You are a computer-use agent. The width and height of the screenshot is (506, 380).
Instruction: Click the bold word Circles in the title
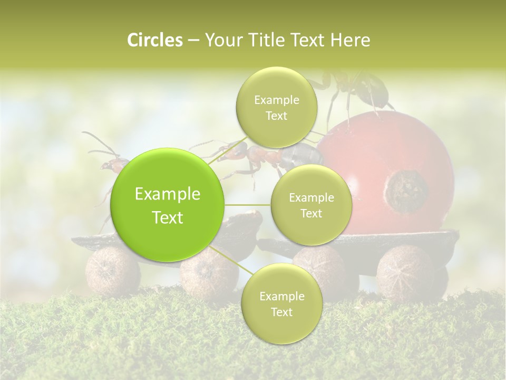[154, 40]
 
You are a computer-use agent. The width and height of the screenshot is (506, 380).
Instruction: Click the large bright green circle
[168, 205]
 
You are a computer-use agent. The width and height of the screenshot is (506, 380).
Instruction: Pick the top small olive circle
[276, 108]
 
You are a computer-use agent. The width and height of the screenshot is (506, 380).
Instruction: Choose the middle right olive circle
[311, 205]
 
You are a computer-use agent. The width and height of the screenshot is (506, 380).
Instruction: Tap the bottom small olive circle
[281, 304]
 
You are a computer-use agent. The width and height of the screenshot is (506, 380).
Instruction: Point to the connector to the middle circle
[248, 205]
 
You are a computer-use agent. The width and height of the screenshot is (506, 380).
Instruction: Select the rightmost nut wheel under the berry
[405, 273]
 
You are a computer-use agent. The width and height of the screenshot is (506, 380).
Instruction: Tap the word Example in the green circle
[168, 194]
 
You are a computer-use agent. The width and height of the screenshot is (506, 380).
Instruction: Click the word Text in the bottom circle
[281, 312]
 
